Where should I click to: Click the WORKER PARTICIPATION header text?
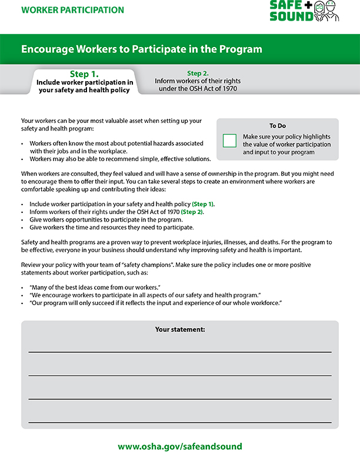[x=72, y=10]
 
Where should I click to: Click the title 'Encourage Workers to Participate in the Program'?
[x=142, y=49]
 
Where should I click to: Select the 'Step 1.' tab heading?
[x=84, y=74]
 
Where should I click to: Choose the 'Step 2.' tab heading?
[x=198, y=73]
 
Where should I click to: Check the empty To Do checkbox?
[x=229, y=141]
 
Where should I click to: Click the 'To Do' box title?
[x=277, y=126]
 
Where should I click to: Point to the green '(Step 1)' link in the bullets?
[x=203, y=203]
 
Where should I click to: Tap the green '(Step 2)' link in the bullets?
[x=191, y=211]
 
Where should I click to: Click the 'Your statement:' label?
[x=180, y=330]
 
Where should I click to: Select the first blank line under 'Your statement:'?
[x=180, y=351]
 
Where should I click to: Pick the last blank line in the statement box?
[x=180, y=422]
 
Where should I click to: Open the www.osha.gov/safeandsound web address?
[x=180, y=446]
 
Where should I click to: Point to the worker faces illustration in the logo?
[x=326, y=11]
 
